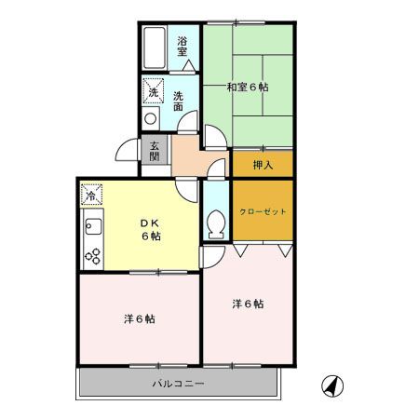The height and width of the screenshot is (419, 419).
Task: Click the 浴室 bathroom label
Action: pos(183,45)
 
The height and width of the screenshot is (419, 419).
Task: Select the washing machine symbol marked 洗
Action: pos(153,92)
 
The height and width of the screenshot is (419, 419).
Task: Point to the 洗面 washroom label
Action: pos(177,100)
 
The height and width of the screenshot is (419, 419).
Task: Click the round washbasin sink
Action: pos(150,118)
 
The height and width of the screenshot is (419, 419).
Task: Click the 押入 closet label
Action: pos(263,165)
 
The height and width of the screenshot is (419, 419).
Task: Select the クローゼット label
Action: pos(263,211)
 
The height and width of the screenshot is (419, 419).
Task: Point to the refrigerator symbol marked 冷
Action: pos(91,195)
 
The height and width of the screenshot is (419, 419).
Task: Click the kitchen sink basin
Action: pos(92,224)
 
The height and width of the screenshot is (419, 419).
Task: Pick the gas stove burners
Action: pos(92,254)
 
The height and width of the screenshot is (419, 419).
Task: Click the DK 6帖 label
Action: pos(150,230)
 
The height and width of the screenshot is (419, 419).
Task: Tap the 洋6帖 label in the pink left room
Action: pos(140,318)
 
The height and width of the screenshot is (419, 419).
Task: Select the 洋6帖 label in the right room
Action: pos(247,304)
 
